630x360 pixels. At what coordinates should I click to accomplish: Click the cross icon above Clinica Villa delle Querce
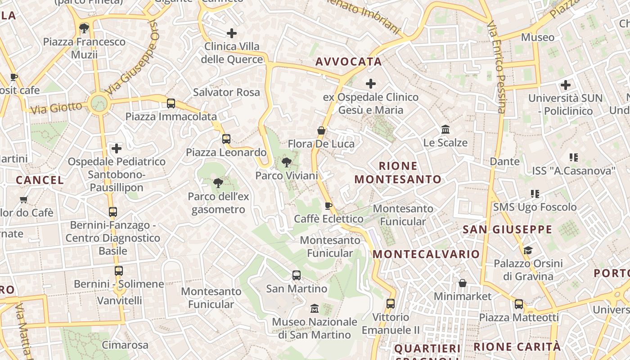[232, 33]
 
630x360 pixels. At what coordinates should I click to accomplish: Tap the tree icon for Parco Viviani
[286, 162]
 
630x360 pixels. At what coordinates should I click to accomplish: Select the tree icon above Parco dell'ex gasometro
[218, 183]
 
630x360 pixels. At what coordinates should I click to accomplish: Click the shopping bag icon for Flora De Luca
[321, 130]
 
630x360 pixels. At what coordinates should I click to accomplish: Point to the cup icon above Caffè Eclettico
[328, 206]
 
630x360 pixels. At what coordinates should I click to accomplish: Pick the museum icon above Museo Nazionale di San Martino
[315, 309]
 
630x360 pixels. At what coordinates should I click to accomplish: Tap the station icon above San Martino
[296, 275]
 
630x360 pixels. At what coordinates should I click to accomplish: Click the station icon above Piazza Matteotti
[519, 304]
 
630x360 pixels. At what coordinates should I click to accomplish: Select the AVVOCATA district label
[348, 62]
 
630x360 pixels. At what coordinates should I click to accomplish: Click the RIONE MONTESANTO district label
[398, 173]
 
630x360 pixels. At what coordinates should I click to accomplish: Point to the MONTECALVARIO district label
[426, 254]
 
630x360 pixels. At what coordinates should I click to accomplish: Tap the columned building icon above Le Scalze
[445, 130]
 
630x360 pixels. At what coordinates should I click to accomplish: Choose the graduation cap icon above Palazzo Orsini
[528, 250]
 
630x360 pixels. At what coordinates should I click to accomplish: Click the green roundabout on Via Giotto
[99, 103]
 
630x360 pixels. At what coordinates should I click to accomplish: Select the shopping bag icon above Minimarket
[462, 283]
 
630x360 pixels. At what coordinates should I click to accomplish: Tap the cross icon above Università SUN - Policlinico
[566, 85]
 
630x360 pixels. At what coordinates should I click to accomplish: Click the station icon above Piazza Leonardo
[226, 139]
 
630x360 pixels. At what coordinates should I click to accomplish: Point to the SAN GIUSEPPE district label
[507, 229]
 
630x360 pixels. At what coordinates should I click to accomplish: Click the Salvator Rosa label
[226, 92]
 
